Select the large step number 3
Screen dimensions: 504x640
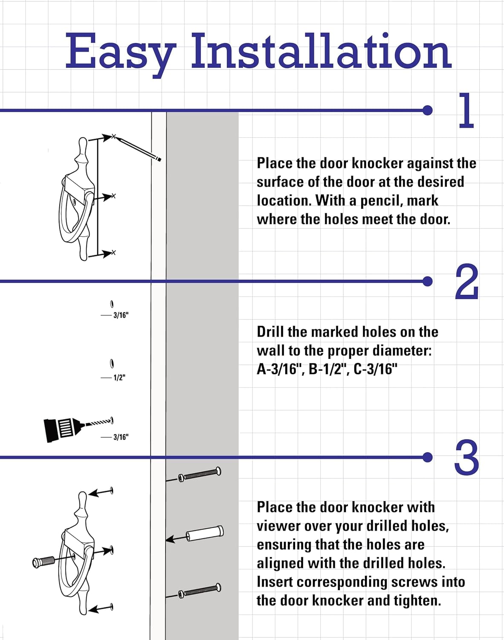tap(466, 458)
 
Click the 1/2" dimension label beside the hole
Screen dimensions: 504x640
tap(119, 378)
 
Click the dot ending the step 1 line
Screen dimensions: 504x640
tap(427, 111)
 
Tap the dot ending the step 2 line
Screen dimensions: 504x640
tap(427, 281)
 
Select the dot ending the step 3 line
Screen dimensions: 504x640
tap(427, 457)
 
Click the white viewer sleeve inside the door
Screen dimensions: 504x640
tap(205, 533)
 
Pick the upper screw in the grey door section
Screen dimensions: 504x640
tap(200, 474)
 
